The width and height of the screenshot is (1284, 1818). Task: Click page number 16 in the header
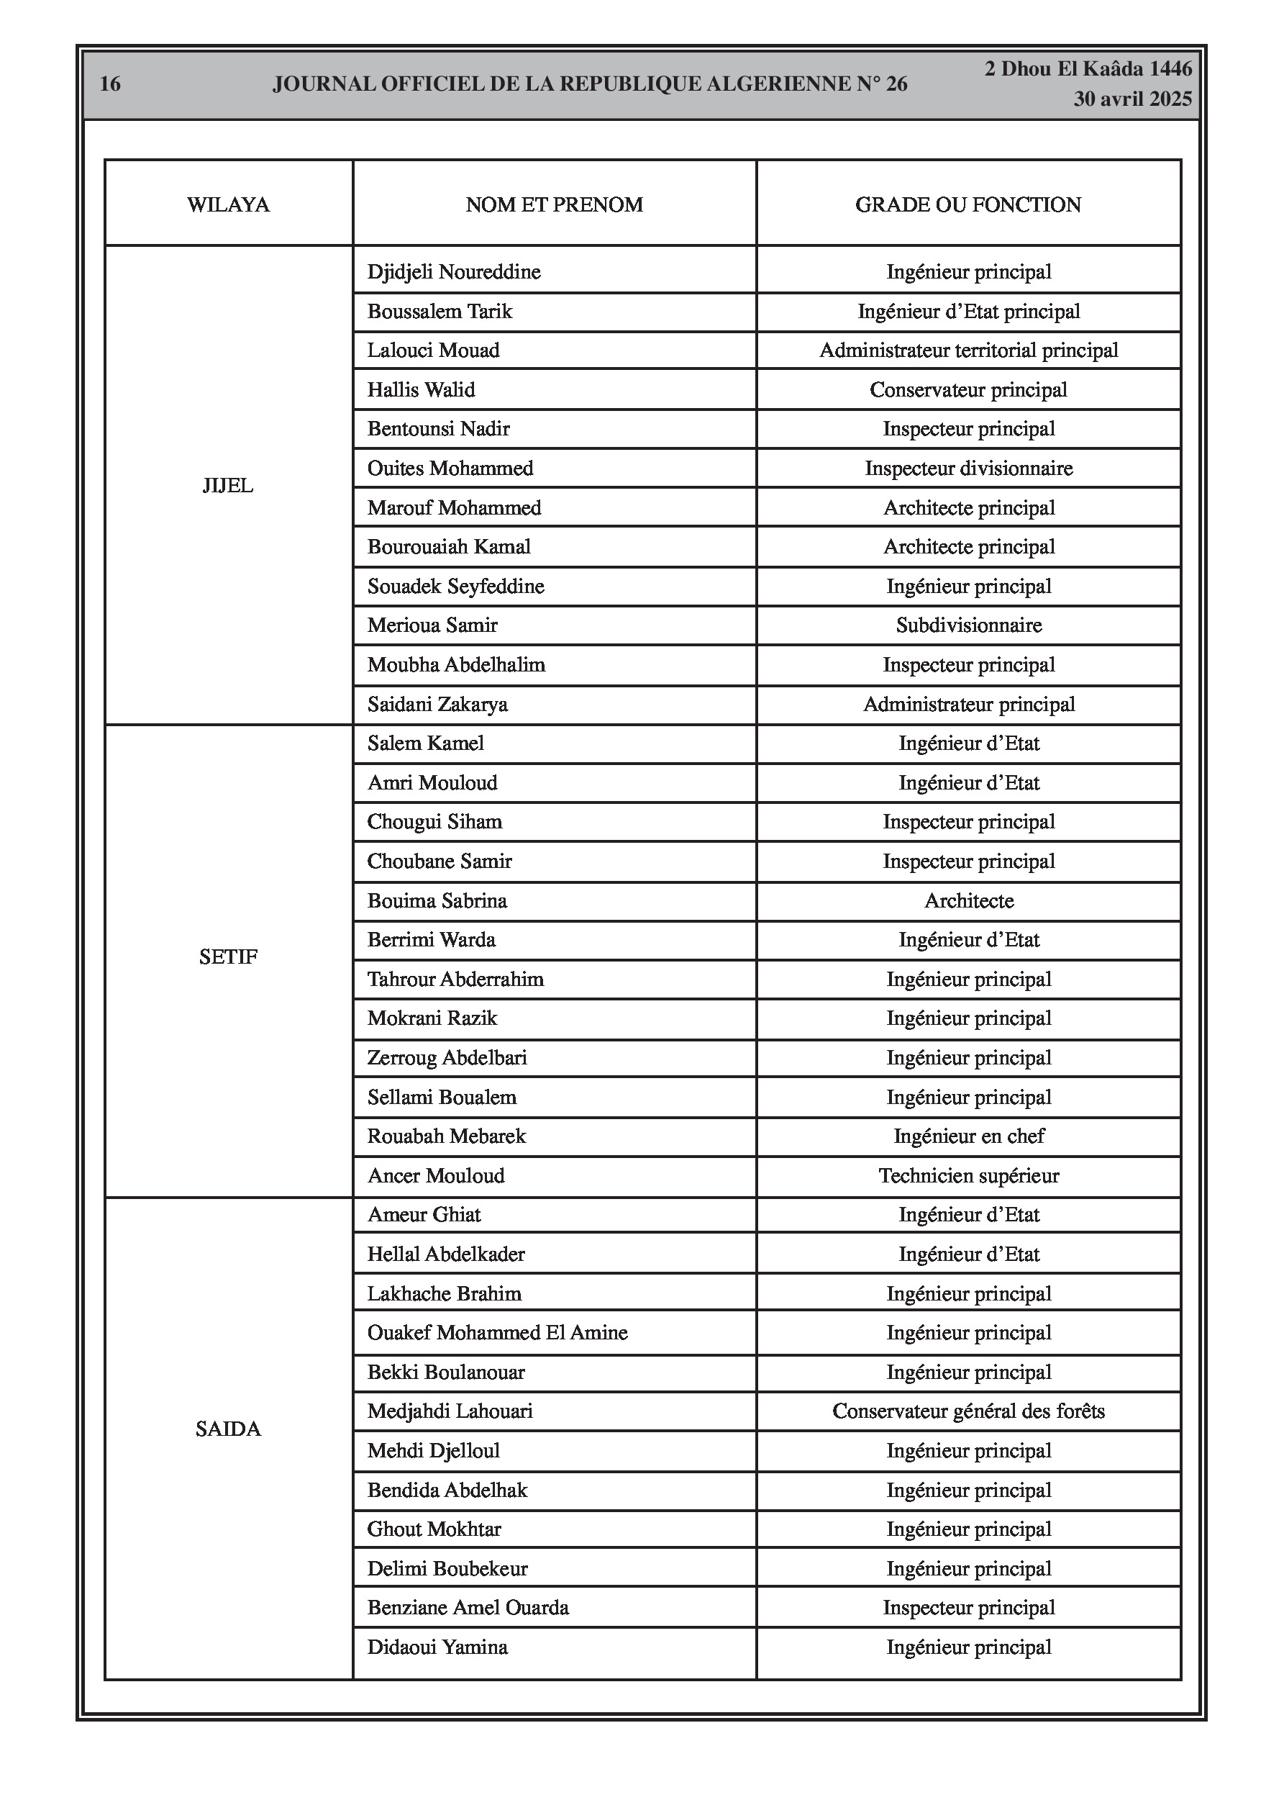tap(110, 84)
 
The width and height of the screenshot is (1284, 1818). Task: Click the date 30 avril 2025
tap(1132, 99)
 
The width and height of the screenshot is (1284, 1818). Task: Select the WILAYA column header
tap(228, 205)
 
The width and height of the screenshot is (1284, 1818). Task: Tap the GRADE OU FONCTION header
tap(967, 205)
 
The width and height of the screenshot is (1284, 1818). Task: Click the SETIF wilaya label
tap(228, 957)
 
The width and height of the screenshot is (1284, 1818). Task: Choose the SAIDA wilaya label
tap(228, 1429)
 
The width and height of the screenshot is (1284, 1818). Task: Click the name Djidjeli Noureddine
tap(454, 272)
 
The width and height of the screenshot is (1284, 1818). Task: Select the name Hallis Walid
tap(421, 390)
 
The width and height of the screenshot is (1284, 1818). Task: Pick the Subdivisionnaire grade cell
tap(968, 625)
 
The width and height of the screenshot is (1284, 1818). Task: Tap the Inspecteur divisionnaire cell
tap(968, 469)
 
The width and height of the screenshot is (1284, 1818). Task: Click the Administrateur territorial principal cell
tap(968, 351)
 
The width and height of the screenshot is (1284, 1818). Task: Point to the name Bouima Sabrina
tap(437, 901)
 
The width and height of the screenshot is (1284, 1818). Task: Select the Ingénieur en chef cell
tap(968, 1137)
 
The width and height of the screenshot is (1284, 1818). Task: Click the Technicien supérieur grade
tap(968, 1176)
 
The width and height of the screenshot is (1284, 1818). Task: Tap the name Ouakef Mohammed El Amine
tap(497, 1333)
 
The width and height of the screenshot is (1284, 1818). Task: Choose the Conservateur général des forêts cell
tap(968, 1411)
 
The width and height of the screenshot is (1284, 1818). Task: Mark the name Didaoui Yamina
tap(437, 1647)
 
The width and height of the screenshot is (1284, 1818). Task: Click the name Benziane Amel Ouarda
tap(468, 1607)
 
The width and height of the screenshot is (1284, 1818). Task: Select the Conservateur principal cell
tap(968, 390)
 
